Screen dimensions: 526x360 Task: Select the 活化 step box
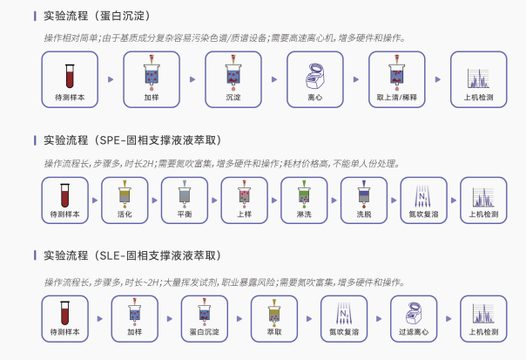click(125, 200)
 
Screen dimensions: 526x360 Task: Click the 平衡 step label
click(184, 214)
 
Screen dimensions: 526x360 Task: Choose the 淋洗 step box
click(302, 200)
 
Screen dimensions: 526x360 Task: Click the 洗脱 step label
click(361, 214)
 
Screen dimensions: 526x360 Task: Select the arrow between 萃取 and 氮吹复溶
click(309, 318)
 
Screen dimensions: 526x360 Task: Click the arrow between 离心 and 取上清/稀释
click(354, 79)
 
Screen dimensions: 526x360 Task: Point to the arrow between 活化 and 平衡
click(154, 200)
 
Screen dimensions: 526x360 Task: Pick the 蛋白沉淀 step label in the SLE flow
click(205, 332)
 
